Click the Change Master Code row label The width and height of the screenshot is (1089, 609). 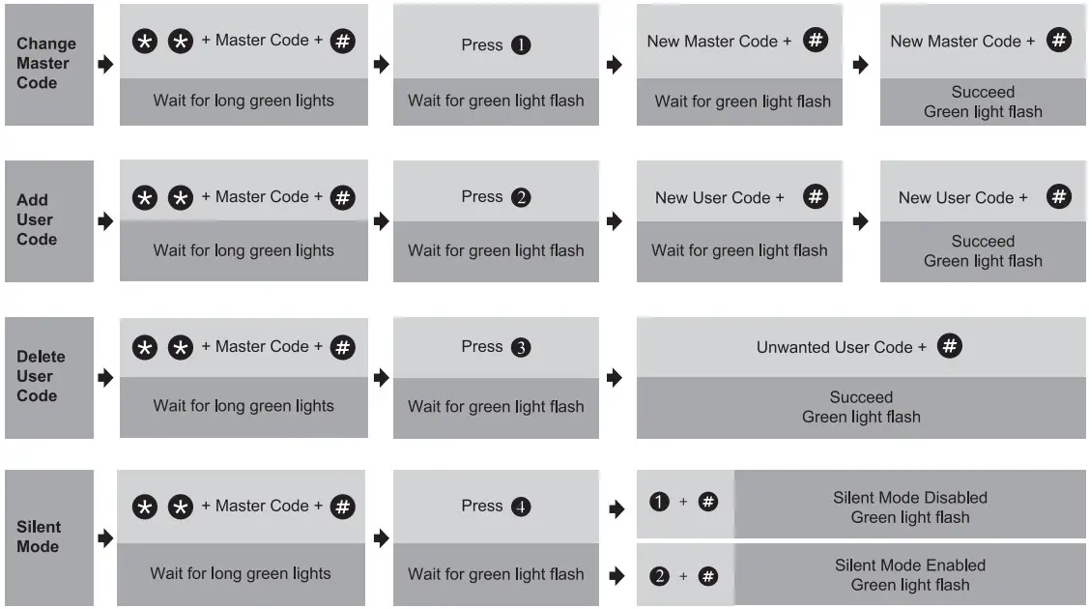(45, 64)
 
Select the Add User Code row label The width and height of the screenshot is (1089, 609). (37, 220)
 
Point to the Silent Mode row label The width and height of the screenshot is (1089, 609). (39, 536)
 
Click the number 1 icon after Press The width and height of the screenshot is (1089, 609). (521, 45)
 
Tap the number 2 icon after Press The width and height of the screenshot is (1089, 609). (521, 198)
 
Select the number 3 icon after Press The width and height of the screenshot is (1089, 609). (521, 348)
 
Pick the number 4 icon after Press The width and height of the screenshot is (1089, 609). (521, 507)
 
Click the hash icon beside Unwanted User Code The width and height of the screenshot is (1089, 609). (950, 346)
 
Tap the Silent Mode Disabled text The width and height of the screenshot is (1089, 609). (910, 498)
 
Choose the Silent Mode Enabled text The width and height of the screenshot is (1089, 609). (910, 565)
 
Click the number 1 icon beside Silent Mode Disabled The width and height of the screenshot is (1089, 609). (660, 502)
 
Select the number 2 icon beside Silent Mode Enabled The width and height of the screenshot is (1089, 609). (660, 576)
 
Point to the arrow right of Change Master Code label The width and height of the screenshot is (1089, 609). (106, 65)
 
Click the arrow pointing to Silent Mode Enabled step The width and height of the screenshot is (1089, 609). (616, 576)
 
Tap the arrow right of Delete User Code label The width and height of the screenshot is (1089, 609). (106, 378)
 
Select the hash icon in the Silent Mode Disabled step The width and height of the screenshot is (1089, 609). (708, 502)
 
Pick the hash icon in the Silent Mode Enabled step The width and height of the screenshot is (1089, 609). (708, 576)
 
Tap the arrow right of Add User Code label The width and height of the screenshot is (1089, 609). (106, 221)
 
